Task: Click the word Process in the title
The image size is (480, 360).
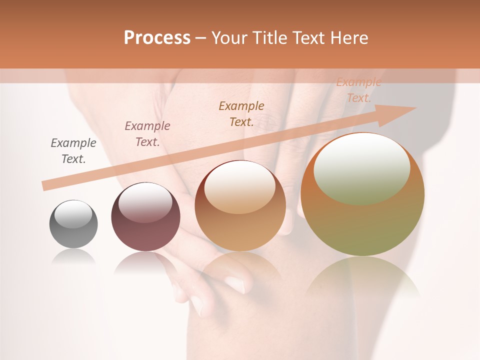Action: point(157,38)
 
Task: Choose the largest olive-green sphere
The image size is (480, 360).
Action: point(362,195)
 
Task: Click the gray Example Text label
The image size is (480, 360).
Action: point(73,151)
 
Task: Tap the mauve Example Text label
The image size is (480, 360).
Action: point(147,134)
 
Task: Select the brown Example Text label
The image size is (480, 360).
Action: point(241,114)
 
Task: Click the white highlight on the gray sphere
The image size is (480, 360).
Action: point(73,214)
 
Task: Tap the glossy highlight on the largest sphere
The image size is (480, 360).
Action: point(362,168)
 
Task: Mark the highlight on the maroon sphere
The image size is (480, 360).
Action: point(145,202)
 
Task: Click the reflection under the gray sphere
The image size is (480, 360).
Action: point(73,257)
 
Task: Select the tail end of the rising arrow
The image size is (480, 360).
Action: point(46,185)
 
